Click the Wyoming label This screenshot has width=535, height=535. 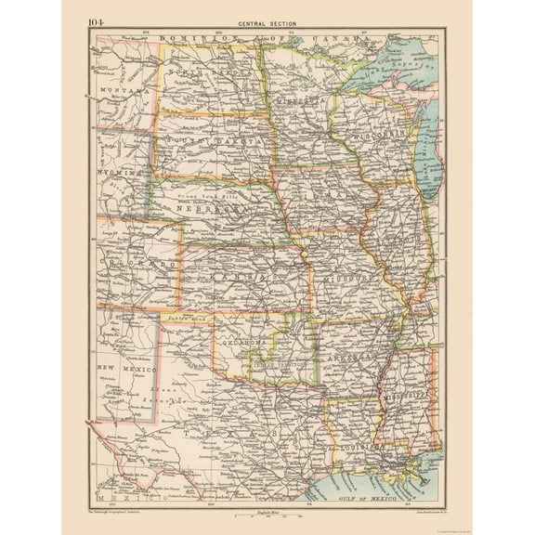pyautogui.click(x=119, y=173)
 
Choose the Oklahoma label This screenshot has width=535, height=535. pyautogui.click(x=246, y=343)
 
